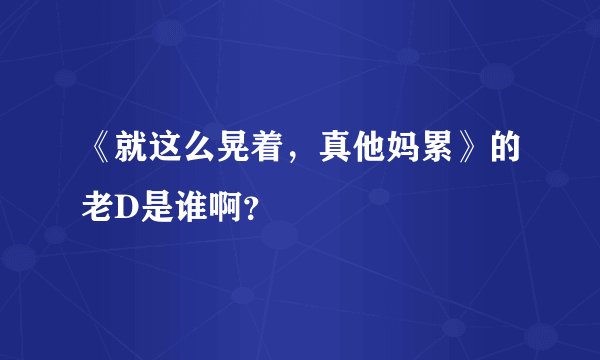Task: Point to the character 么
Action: click(x=203, y=152)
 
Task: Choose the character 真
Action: click(x=339, y=152)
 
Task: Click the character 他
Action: click(x=373, y=152)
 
